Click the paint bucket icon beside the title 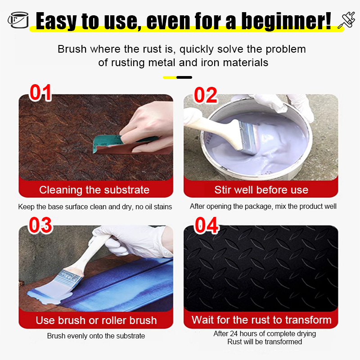18,20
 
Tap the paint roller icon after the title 346,20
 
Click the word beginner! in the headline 286,21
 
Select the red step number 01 40,93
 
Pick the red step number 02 206,95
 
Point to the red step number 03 40,225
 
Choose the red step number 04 207,225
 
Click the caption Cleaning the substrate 94,190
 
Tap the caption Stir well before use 261,190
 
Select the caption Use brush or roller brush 96,320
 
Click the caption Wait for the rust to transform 261,320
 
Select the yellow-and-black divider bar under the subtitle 177,77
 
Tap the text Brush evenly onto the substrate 96,336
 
